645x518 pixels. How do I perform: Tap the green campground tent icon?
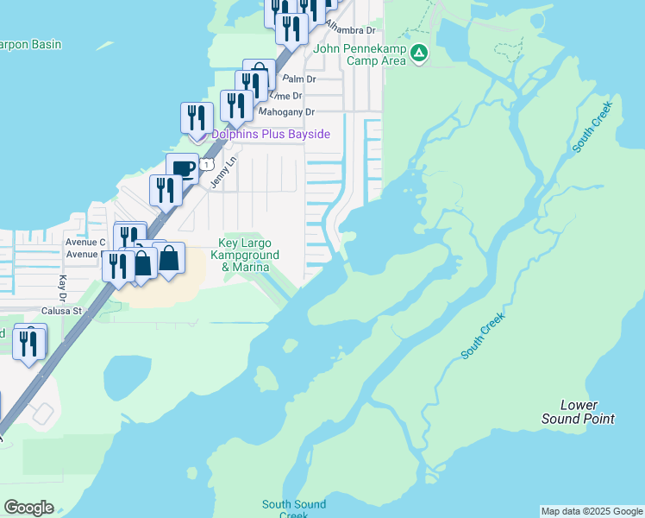[x=419, y=54]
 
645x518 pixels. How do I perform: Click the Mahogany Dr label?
[x=287, y=112]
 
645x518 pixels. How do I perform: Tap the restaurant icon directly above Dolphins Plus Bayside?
[x=197, y=117]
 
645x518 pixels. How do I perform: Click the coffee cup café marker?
[x=182, y=168]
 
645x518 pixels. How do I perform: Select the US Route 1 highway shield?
[x=207, y=164]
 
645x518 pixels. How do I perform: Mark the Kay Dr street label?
[x=62, y=282]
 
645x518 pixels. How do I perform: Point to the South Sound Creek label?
[x=294, y=509]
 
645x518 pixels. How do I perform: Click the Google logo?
[x=28, y=508]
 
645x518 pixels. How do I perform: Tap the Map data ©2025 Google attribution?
[x=592, y=511]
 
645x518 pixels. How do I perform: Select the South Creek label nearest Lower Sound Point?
[x=483, y=335]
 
